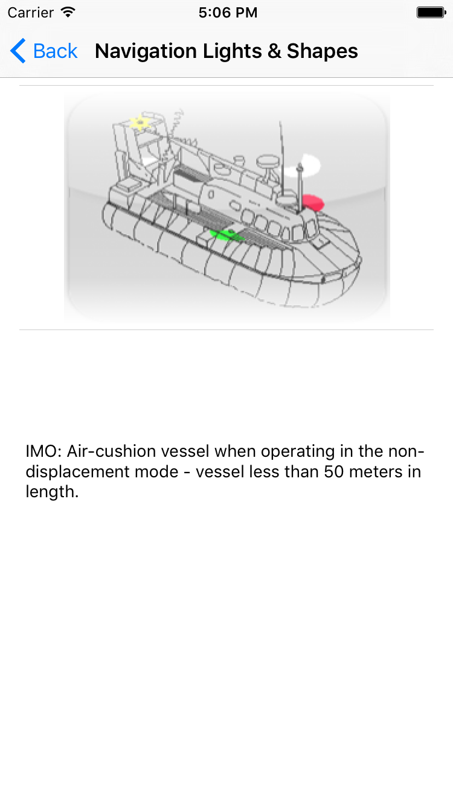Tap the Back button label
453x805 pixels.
(x=55, y=51)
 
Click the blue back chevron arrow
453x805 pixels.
(x=18, y=51)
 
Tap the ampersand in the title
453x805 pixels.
(x=274, y=51)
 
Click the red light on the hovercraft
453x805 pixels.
(x=313, y=202)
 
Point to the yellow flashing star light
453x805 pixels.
(x=140, y=122)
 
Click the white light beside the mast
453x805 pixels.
(x=312, y=162)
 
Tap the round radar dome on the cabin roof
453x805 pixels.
(x=266, y=161)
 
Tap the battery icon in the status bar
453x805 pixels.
(x=431, y=13)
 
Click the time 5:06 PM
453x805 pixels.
(x=228, y=13)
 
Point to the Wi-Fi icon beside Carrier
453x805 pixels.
(x=68, y=12)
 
